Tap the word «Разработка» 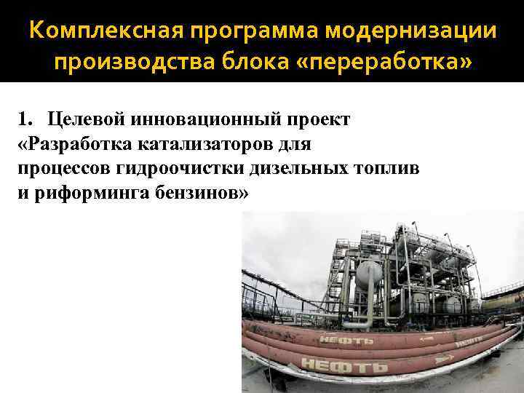[x=73, y=145]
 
